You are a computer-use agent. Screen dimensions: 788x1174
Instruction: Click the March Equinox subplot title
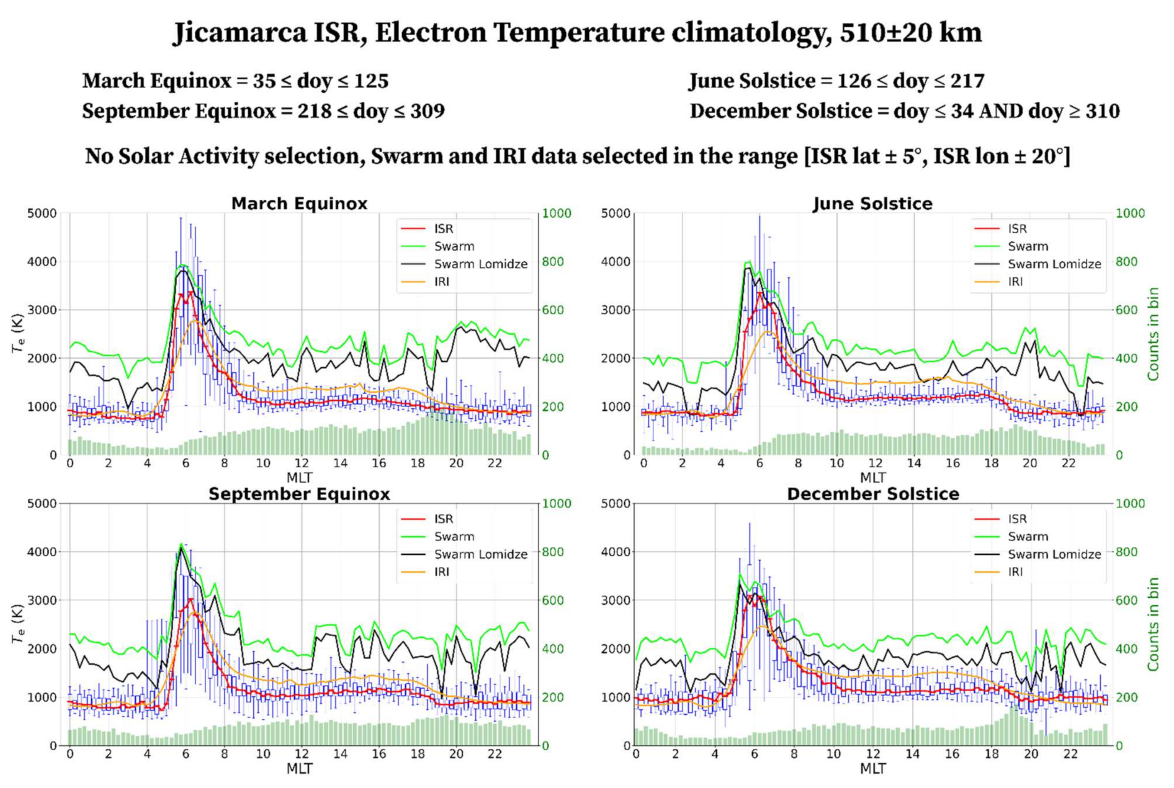299,204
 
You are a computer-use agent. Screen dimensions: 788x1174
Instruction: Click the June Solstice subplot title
872,204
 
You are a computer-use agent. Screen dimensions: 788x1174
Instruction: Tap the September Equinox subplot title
299,494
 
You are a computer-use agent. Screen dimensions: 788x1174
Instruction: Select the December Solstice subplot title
872,494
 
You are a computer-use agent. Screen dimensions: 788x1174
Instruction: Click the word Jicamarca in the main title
240,33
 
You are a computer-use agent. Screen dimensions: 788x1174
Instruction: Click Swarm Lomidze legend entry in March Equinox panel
480,264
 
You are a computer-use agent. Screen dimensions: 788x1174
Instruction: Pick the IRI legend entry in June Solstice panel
1015,282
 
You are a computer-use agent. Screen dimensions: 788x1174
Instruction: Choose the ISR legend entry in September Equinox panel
444,519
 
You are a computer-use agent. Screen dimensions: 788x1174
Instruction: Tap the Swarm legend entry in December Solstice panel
1028,537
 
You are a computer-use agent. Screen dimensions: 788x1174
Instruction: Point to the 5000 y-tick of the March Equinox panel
42,213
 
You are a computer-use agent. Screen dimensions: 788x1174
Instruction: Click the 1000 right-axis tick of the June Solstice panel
1130,213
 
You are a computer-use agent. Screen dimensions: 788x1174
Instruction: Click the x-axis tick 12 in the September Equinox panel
302,754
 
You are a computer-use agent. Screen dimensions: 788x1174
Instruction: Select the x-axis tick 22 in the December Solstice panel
1070,754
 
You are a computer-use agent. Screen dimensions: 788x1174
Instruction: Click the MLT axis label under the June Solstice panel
872,478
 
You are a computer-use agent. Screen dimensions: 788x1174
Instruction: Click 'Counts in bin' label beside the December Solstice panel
1153,624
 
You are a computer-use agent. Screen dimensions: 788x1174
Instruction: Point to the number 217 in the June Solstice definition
966,81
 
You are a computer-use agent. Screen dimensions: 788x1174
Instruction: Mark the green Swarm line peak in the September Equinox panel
181,544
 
